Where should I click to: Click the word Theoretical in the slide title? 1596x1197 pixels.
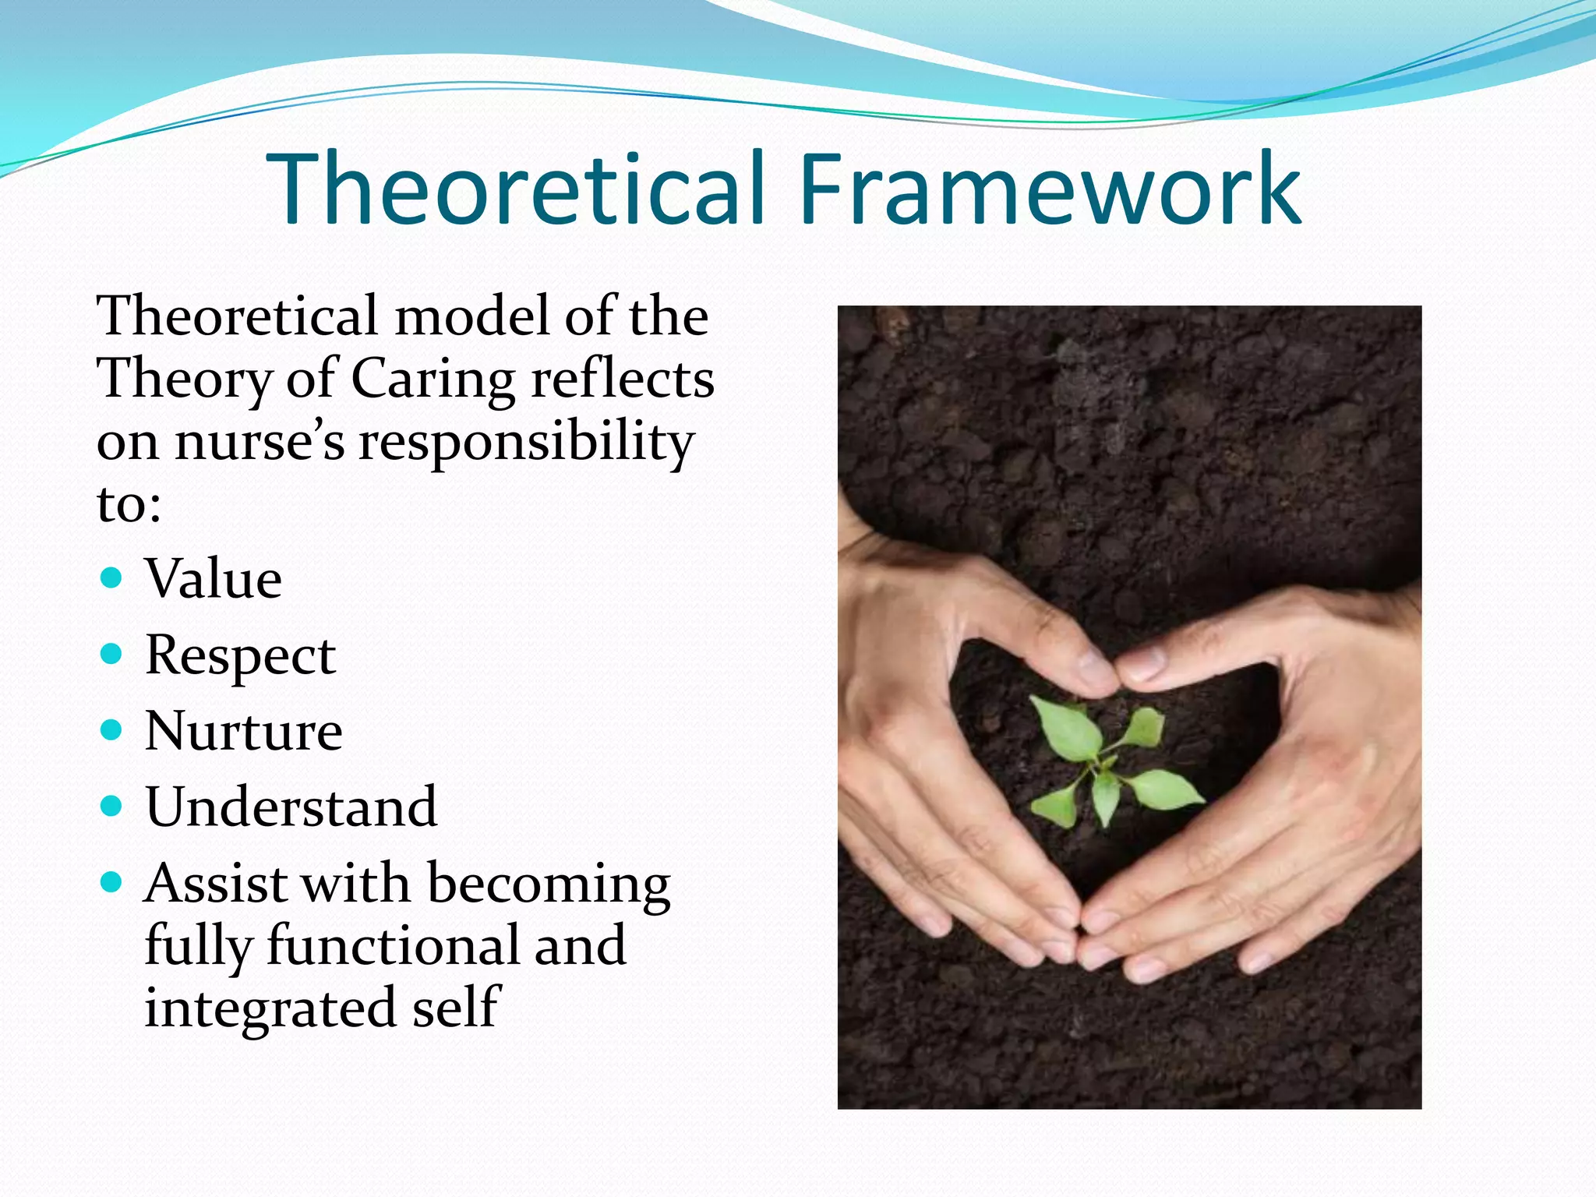(514, 189)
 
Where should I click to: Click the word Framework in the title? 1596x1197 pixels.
(1049, 189)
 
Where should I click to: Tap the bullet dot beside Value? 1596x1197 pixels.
(112, 577)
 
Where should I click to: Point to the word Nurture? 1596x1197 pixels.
(243, 731)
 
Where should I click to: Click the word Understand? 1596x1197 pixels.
(291, 807)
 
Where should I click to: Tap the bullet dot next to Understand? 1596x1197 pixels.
(112, 805)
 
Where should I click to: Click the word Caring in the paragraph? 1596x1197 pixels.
(433, 380)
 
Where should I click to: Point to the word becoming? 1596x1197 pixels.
(549, 885)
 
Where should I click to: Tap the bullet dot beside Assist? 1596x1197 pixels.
(112, 881)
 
